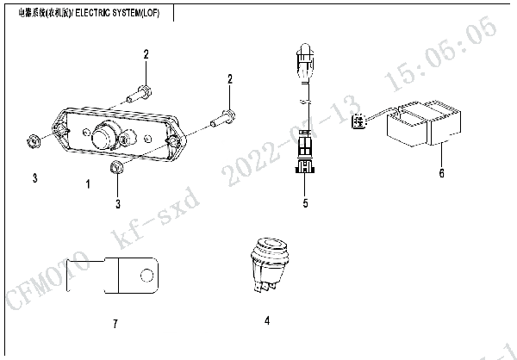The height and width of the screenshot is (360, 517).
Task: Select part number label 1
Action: tap(87, 184)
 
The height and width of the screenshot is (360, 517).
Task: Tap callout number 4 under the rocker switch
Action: tap(267, 320)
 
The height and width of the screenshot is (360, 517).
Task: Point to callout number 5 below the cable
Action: tap(304, 204)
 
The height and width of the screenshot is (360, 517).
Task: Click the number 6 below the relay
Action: tap(441, 173)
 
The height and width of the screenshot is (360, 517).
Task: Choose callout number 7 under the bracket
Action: tap(115, 324)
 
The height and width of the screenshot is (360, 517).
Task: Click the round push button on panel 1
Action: tap(105, 134)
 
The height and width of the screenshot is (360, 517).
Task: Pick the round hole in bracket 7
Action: tap(146, 276)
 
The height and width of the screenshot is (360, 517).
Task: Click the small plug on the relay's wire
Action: tap(358, 122)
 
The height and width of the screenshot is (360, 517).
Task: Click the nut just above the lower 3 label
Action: tap(117, 167)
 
